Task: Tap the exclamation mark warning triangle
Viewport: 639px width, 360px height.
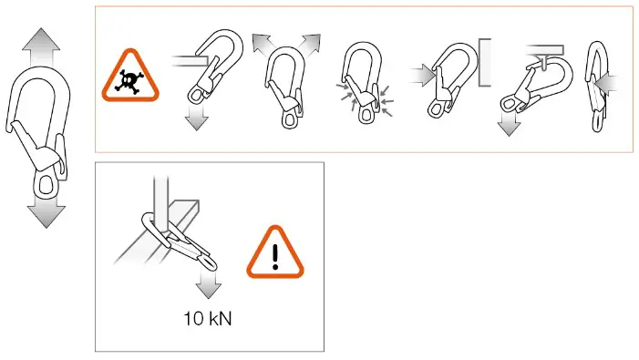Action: click(x=274, y=252)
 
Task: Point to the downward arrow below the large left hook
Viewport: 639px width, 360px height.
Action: click(x=44, y=212)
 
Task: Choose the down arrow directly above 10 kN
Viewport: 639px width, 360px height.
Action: click(x=210, y=285)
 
